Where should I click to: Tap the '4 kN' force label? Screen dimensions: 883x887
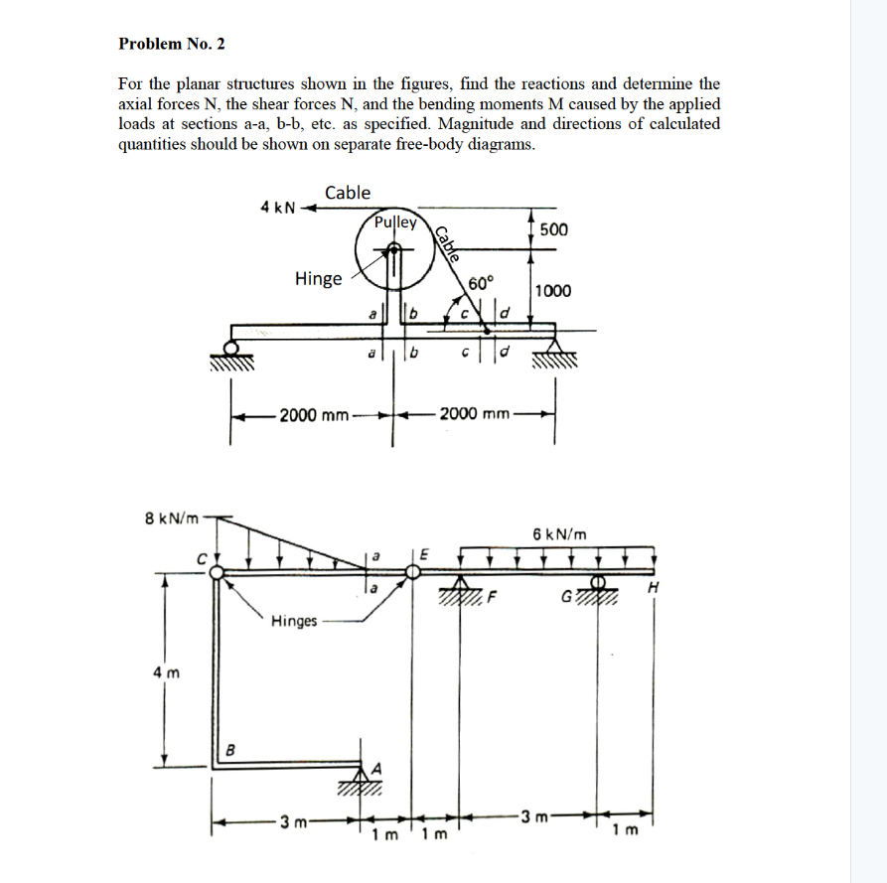277,208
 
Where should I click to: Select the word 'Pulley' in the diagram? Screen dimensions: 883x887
395,222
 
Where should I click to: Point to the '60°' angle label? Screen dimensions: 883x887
481,284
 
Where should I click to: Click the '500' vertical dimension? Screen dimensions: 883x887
554,229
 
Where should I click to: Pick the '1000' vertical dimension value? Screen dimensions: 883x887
552,291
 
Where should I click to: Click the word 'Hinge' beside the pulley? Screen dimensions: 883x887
319,278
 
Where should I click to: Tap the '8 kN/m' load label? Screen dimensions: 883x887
172,517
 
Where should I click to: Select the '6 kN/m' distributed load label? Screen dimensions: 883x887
559,533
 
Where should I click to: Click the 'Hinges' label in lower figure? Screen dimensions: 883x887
294,622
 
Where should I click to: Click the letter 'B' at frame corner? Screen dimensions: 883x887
230,749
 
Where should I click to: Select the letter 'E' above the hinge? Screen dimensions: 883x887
426,554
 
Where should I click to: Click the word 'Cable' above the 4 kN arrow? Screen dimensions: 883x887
348,192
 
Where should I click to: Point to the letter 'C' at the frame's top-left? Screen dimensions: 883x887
200,558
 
